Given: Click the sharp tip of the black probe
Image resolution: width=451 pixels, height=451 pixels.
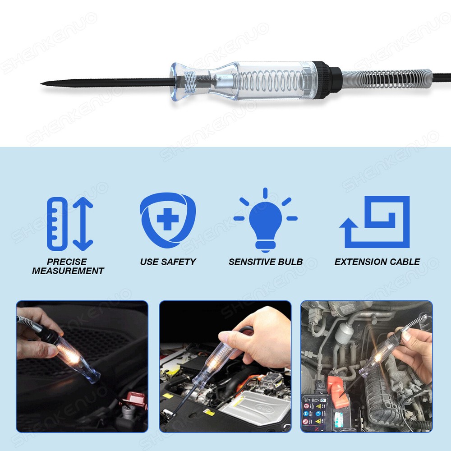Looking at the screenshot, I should pyautogui.click(x=42, y=83).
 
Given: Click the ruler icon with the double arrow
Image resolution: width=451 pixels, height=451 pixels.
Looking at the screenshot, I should pyautogui.click(x=70, y=224).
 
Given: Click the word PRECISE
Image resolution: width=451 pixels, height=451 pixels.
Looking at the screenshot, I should pyautogui.click(x=67, y=262).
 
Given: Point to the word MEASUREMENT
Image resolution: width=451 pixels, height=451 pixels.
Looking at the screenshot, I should pyautogui.click(x=68, y=271).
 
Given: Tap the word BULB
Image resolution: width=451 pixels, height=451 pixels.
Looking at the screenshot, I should pyautogui.click(x=291, y=262).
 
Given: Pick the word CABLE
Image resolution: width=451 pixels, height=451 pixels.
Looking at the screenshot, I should pyautogui.click(x=406, y=262).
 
